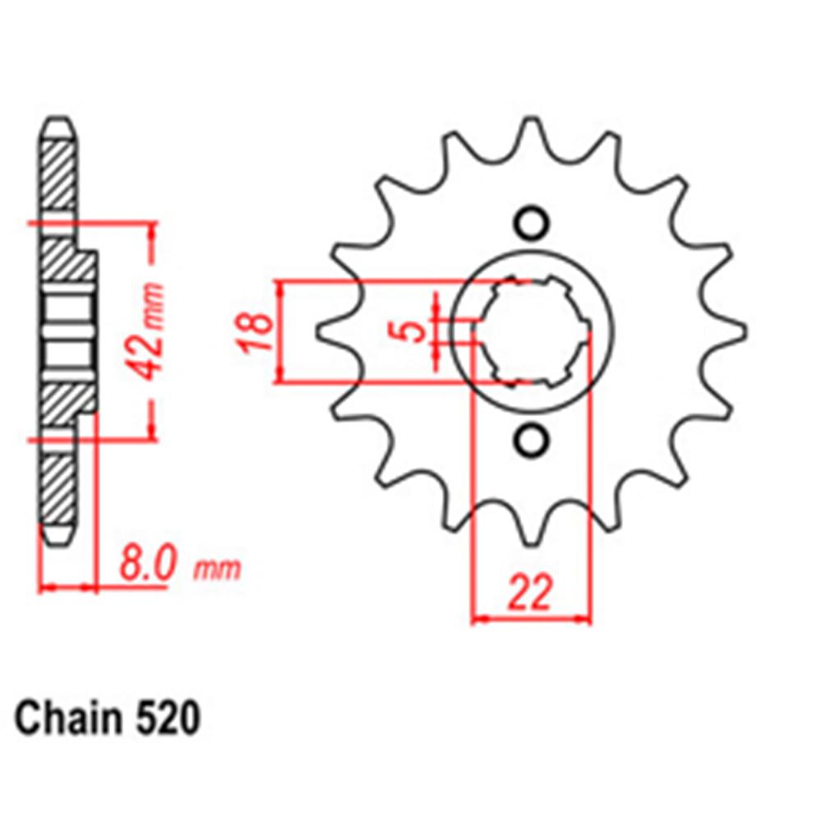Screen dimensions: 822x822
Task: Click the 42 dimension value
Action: click(149, 354)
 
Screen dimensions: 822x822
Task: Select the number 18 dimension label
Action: click(257, 331)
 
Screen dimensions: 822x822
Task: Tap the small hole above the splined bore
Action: click(530, 223)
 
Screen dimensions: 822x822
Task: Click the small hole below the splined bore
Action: click(530, 441)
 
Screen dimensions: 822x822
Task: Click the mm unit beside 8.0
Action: click(219, 569)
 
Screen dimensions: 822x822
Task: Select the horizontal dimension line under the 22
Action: click(530, 618)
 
